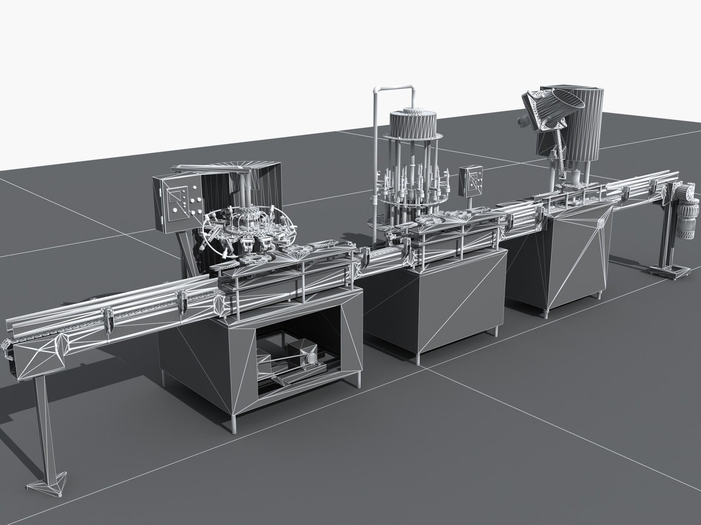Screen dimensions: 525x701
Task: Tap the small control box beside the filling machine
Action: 471,181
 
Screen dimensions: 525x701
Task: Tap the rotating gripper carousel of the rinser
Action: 243,228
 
